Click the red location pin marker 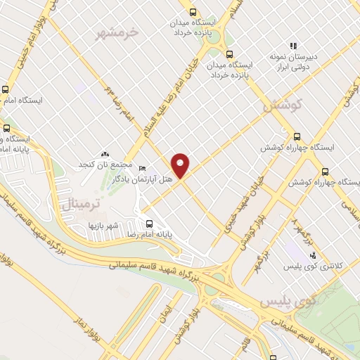(181, 165)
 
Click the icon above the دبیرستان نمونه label (294, 44)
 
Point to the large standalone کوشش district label (281, 106)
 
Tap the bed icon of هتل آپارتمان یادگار (143, 169)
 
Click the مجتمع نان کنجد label (105, 165)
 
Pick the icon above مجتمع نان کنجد (105, 154)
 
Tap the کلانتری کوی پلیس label (311, 266)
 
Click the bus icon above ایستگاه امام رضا (6, 90)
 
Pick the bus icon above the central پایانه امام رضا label (148, 224)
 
